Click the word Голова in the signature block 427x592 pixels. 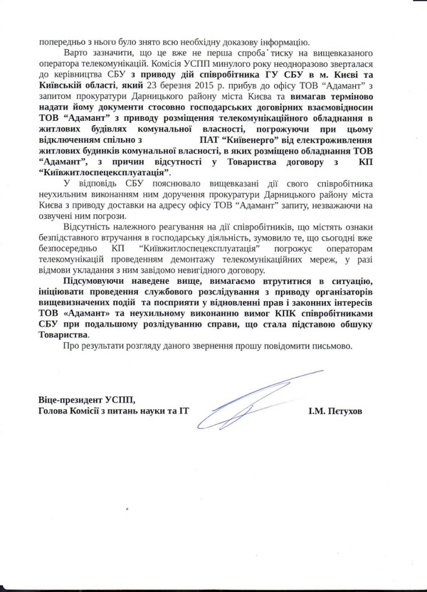point(56,412)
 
